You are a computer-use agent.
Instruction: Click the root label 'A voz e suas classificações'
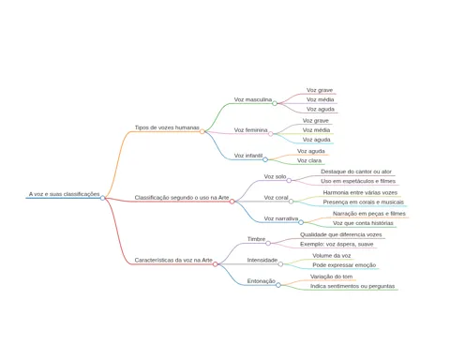point(65,194)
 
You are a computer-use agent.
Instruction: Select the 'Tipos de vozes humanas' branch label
point(167,127)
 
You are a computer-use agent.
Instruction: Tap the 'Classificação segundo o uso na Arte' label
point(182,198)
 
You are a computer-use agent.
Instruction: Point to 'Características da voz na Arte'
point(173,260)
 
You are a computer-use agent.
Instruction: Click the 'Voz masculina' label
point(253,99)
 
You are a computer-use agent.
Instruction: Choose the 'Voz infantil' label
point(248,156)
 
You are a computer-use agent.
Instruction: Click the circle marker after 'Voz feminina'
point(271,134)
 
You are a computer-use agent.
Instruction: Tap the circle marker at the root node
point(102,198)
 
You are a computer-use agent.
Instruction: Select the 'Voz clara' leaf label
point(309,160)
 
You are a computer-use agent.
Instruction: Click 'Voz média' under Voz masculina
point(320,99)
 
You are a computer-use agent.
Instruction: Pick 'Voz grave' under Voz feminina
point(316,121)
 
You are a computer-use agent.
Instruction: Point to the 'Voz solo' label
point(275,176)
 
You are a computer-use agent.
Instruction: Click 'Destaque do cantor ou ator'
point(356,172)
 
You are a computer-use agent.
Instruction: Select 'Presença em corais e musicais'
point(364,202)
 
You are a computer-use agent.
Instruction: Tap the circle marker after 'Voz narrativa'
point(301,222)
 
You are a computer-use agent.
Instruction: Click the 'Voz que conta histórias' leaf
point(363,223)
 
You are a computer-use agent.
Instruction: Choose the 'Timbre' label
point(256,239)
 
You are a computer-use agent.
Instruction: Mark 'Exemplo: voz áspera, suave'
point(337,244)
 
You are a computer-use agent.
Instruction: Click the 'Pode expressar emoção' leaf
point(344,265)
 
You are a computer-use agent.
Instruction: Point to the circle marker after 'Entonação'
point(278,285)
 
